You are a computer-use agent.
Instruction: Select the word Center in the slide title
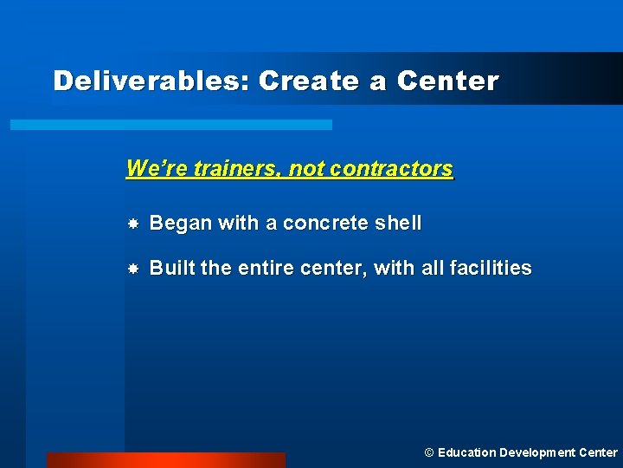click(447, 81)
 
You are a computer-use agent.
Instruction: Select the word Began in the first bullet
click(181, 223)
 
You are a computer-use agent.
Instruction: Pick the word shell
click(398, 223)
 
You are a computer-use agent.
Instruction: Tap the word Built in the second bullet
click(172, 268)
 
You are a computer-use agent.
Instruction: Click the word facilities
click(491, 268)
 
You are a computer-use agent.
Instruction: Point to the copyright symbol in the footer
click(428, 452)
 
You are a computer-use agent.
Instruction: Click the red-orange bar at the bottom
click(165, 459)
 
